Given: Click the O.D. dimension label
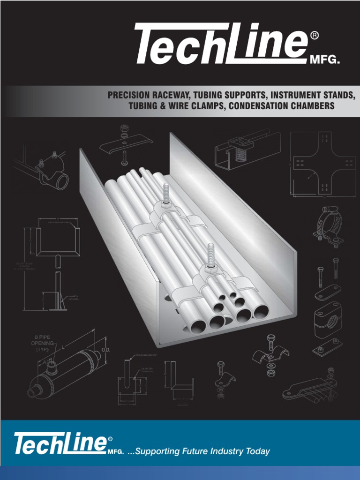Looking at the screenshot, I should tap(105, 350).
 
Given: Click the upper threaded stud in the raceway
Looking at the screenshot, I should tap(165, 194).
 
